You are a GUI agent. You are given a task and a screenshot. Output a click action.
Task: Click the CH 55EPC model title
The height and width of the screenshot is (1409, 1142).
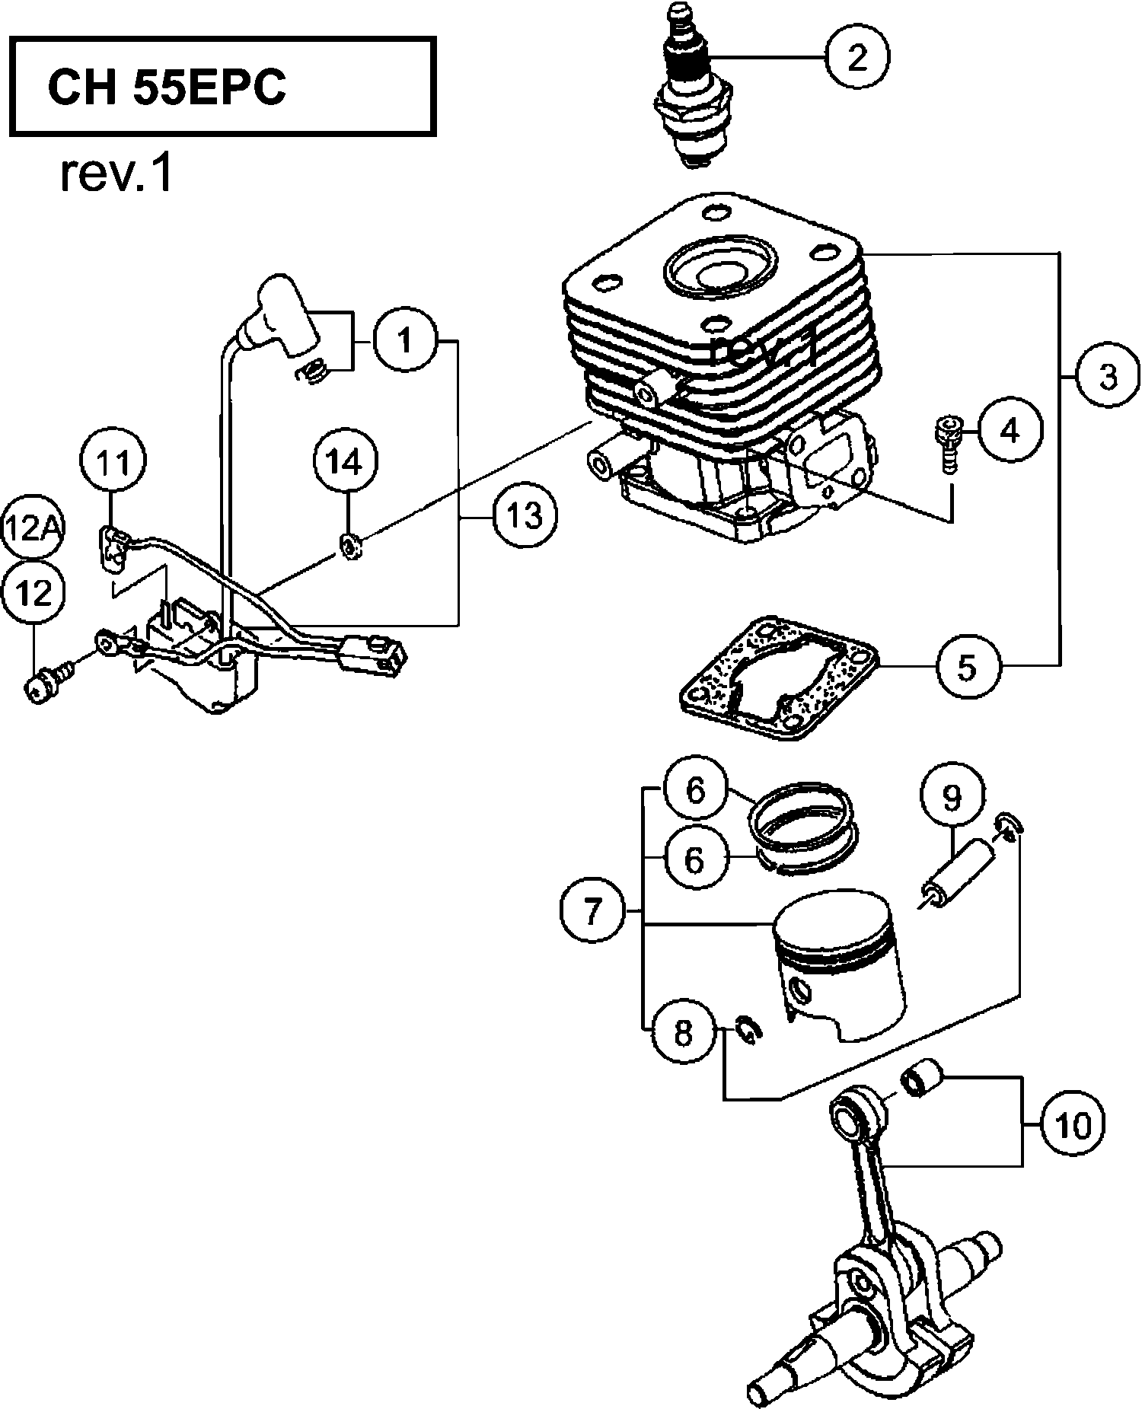(x=167, y=88)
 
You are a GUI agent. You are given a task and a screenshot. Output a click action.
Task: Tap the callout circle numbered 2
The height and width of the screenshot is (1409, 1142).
(x=857, y=57)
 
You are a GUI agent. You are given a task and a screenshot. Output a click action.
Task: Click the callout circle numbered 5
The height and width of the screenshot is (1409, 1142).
(x=965, y=667)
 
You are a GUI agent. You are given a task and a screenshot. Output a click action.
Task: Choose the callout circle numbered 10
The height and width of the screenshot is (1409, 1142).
(x=1073, y=1124)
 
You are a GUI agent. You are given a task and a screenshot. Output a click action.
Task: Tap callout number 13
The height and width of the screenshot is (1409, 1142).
(x=524, y=515)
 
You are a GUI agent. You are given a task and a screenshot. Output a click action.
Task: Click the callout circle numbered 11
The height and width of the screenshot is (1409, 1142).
(x=113, y=463)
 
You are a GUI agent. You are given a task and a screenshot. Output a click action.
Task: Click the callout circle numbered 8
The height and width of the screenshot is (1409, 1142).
(x=682, y=1033)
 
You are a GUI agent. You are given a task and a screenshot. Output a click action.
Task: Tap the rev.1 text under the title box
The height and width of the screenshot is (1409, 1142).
(x=116, y=175)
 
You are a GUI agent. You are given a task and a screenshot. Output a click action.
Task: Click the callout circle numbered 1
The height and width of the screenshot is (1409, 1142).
(x=405, y=341)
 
